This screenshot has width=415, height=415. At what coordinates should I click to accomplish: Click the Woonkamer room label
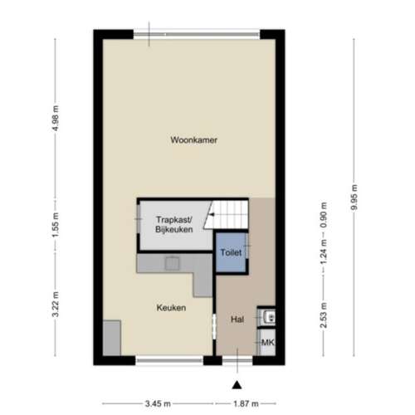193,139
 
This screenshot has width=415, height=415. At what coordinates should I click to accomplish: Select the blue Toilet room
232,253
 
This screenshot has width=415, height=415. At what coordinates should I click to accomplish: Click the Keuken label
170,308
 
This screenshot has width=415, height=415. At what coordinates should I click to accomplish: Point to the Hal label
237,319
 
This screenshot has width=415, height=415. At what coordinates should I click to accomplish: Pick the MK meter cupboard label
267,343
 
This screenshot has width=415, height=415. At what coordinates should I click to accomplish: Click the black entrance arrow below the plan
237,383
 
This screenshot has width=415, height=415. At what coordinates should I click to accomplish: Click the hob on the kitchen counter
173,263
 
